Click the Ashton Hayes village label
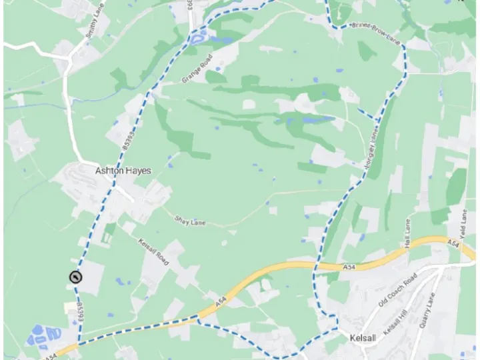[123, 171]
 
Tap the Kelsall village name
[363, 338]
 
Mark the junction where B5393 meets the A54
[79, 344]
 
